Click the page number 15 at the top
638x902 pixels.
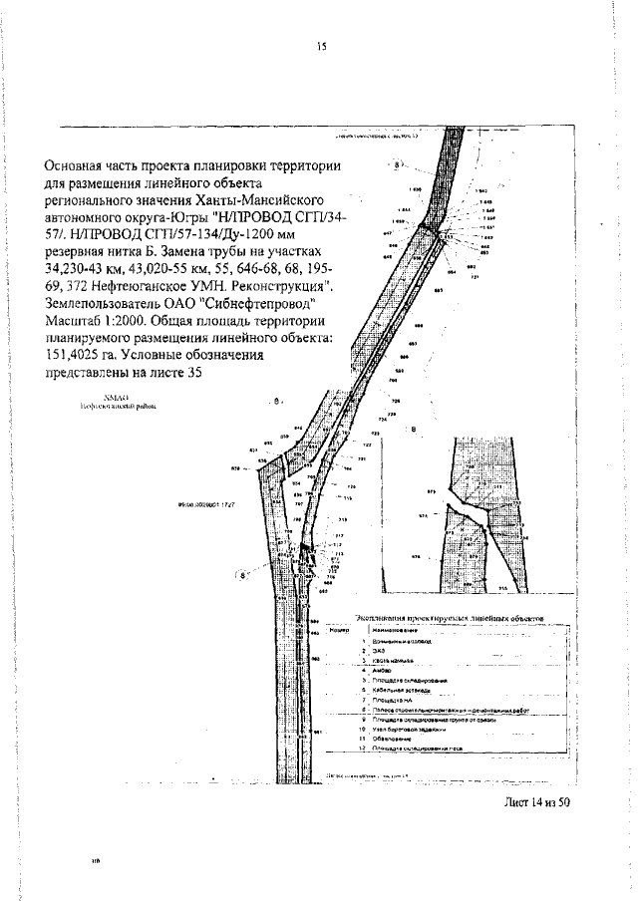321,46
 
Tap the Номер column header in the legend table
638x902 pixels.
337,631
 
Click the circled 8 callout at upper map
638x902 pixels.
397,164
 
